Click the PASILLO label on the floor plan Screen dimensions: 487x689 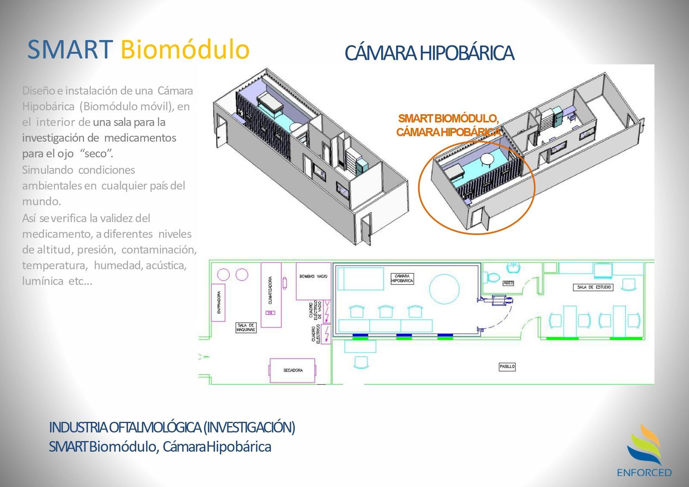(507, 367)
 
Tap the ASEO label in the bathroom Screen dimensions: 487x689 (508, 283)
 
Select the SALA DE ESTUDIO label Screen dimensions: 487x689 (594, 287)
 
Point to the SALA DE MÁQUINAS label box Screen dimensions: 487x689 (246, 328)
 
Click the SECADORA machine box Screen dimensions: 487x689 (292, 370)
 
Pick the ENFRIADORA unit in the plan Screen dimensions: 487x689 (219, 302)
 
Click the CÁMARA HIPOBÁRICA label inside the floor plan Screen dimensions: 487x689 (402, 279)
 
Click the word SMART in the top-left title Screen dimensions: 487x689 (70, 49)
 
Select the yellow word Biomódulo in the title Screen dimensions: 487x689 (185, 49)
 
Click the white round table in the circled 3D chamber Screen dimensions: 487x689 (487, 159)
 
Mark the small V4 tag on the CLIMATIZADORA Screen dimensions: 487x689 (270, 313)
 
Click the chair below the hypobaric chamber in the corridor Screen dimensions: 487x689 (361, 362)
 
